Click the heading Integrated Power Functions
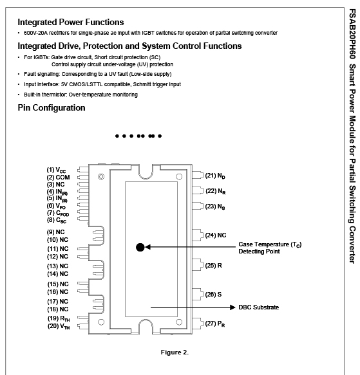point(71,23)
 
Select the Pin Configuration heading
point(52,108)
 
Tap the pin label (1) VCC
point(56,170)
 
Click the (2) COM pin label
point(58,178)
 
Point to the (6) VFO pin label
point(56,206)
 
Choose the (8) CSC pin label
point(57,220)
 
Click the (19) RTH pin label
point(59,319)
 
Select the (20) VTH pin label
point(59,327)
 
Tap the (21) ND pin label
point(215,176)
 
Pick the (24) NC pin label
point(216,235)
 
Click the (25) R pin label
point(213,266)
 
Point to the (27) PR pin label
point(215,324)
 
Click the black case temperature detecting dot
point(140,247)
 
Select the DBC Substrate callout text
point(259,307)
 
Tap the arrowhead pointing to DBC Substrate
point(232,307)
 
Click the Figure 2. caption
point(175,352)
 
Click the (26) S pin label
point(213,295)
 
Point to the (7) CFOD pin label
point(58,213)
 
